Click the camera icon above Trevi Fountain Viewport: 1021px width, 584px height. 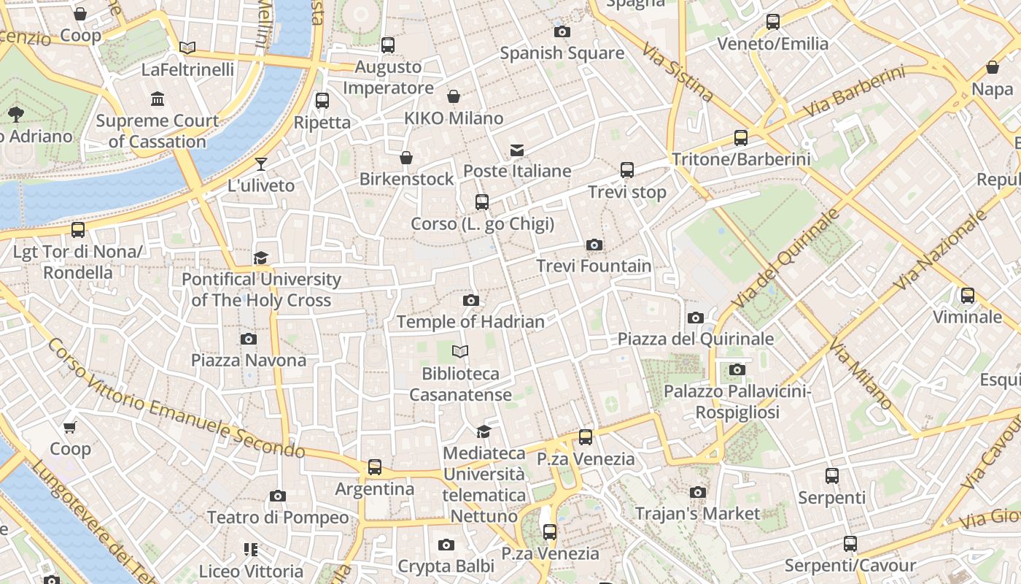[x=594, y=245]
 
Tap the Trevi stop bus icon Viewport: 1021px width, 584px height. [x=626, y=170]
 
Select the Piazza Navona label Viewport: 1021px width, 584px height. [x=249, y=360]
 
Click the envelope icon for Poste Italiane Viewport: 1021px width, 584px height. [x=517, y=150]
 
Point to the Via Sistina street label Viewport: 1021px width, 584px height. [x=678, y=71]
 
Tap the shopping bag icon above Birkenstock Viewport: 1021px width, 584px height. [x=406, y=158]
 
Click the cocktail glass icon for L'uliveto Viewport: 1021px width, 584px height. [x=261, y=164]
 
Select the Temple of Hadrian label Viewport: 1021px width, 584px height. [x=470, y=321]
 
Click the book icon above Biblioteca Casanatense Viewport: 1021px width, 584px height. [x=459, y=352]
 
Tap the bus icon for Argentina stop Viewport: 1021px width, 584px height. [x=374, y=466]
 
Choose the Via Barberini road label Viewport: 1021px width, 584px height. [x=854, y=92]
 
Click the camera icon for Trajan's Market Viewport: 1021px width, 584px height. [x=698, y=492]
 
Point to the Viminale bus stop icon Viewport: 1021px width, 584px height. [x=968, y=296]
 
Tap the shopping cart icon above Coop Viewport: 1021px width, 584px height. [x=70, y=427]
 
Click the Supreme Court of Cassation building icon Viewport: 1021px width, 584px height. [x=158, y=99]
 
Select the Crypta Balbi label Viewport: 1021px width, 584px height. [x=446, y=566]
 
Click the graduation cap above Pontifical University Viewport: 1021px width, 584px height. [x=261, y=258]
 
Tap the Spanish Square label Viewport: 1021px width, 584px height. [x=562, y=53]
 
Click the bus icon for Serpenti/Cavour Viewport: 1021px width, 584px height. [x=850, y=544]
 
